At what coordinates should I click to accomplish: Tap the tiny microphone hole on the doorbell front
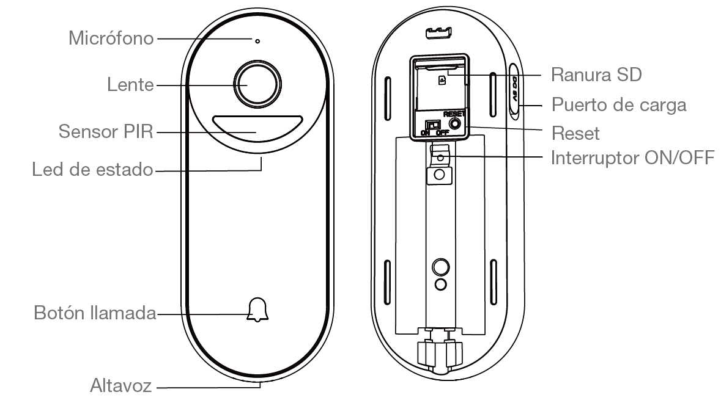point(257,42)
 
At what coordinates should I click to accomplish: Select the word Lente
point(131,85)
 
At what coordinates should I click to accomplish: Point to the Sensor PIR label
point(106,131)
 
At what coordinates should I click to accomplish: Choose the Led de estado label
point(92,170)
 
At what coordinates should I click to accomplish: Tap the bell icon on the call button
point(257,310)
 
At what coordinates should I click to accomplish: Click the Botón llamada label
point(95,314)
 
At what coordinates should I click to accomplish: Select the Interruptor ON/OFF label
point(632,158)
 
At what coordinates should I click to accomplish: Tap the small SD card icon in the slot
point(442,80)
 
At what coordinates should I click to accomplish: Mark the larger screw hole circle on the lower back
point(440,266)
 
